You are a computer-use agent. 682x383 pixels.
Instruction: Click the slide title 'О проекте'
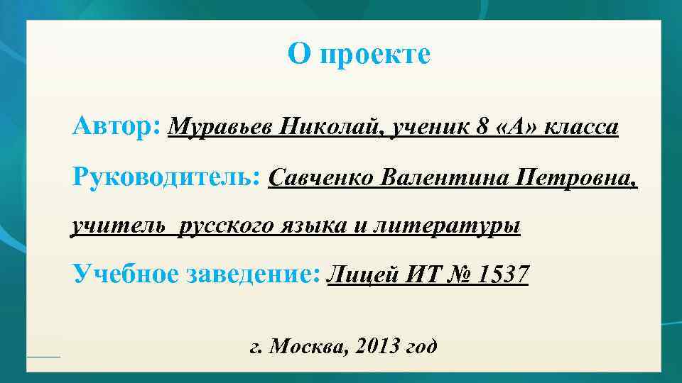[359, 55]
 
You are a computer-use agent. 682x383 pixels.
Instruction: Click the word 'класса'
[583, 128]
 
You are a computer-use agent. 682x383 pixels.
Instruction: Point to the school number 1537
[504, 273]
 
